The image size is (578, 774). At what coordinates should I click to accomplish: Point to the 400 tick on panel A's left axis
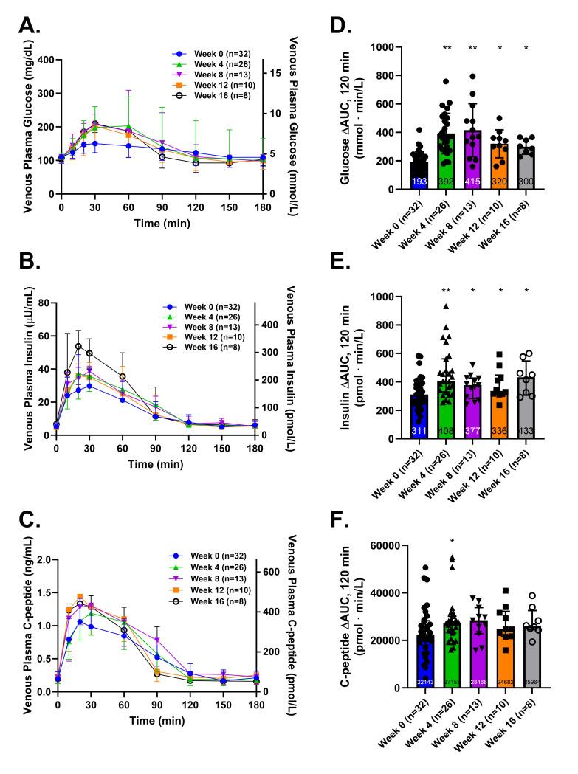45,59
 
